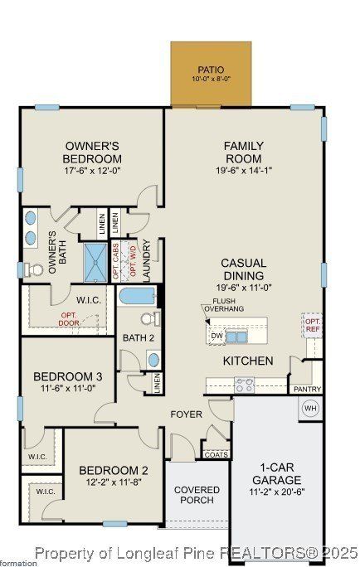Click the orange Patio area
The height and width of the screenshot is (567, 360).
tap(211, 75)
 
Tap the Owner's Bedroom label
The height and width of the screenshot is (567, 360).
tap(93, 153)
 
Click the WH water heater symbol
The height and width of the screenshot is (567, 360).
tap(311, 408)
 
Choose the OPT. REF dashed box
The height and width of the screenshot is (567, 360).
tap(313, 325)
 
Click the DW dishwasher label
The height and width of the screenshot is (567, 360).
tap(216, 336)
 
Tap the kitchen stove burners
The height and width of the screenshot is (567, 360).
tap(245, 385)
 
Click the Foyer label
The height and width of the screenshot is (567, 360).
tap(187, 414)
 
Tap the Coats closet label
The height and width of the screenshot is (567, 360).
tap(216, 453)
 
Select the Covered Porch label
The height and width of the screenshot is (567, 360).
tap(197, 495)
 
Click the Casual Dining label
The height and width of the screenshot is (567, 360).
tap(243, 269)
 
